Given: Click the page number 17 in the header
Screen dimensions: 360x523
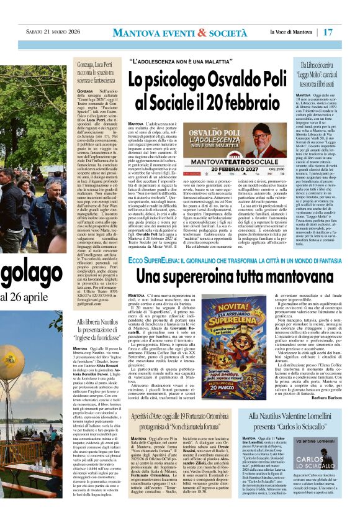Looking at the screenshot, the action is point(344,31).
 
